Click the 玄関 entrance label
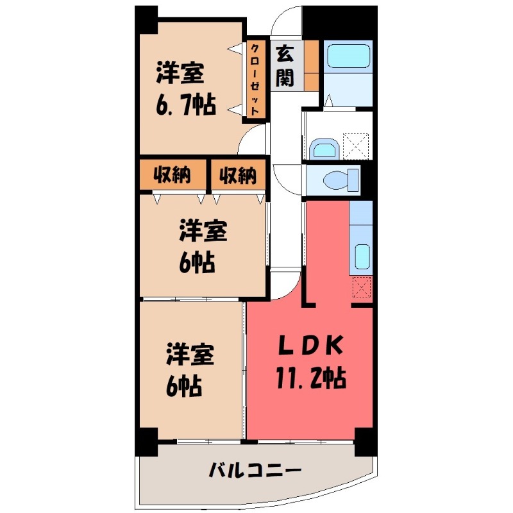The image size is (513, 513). click(285, 65)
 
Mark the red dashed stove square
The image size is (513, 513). click(362, 287)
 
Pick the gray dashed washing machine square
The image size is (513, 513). click(355, 144)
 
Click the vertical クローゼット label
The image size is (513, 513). click(255, 79)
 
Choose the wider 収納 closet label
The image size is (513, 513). click(172, 174)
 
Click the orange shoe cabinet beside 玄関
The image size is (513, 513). click(312, 65)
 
